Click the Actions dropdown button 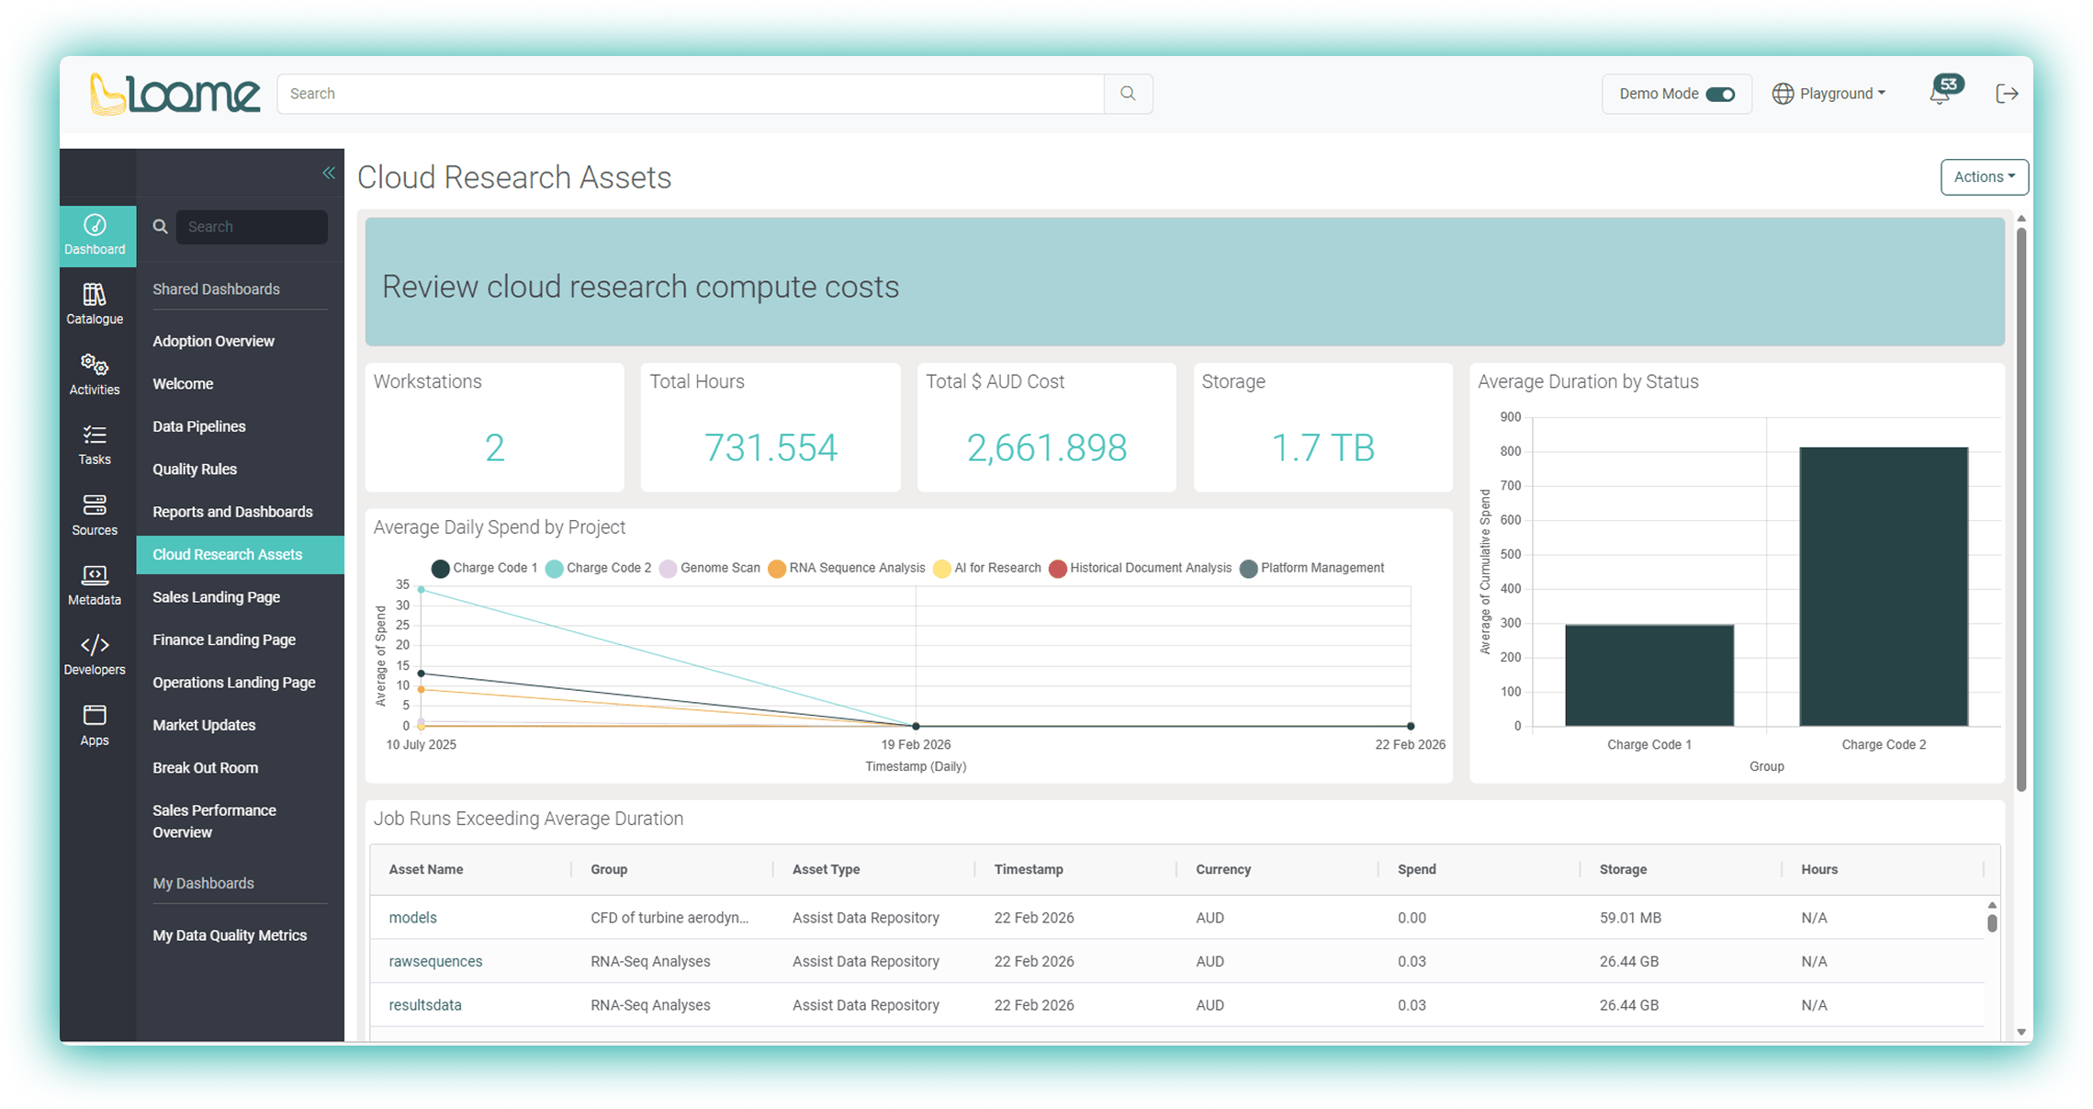pos(1983,177)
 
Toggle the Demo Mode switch pos(1719,95)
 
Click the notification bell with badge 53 pos(1941,93)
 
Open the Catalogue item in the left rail pos(95,303)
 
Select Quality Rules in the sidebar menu pos(195,470)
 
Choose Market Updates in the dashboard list pos(204,725)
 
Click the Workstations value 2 pos(494,448)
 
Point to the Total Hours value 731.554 pos(770,448)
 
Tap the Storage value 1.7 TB pos(1322,448)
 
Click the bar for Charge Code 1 pos(1649,675)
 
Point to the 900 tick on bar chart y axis pos(1510,417)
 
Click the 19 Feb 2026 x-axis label pos(916,744)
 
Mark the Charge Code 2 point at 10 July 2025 pos(422,590)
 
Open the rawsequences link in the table pos(435,961)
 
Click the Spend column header pos(1416,869)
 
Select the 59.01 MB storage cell pos(1629,918)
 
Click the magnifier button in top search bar pos(1128,94)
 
